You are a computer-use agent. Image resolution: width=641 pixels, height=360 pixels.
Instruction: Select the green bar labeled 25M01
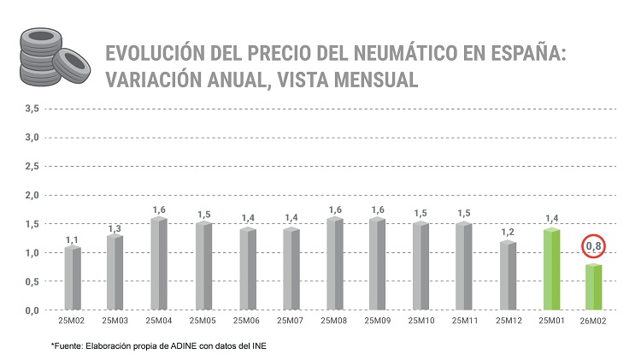pos(550,269)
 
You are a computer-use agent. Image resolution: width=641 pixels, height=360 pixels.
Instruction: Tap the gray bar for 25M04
pos(159,264)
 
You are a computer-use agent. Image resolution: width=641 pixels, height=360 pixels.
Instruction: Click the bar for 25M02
pos(73,278)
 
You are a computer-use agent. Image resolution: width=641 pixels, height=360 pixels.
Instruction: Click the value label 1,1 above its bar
pos(73,239)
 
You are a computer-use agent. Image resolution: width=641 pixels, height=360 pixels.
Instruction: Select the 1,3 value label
pos(115,228)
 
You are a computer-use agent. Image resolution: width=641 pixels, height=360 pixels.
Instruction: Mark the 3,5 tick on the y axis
pos(32,109)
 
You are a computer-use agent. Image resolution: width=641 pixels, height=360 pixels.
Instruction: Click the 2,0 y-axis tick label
pos(32,195)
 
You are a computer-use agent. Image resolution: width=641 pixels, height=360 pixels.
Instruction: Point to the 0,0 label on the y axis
pos(32,310)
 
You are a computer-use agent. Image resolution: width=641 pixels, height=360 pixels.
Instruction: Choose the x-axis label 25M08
pos(332,322)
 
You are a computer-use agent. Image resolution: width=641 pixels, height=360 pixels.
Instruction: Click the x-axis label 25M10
pos(420,322)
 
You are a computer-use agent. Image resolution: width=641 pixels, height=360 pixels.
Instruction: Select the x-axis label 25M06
pos(246,322)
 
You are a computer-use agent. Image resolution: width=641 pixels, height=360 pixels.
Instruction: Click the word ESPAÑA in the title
pos(520,54)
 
